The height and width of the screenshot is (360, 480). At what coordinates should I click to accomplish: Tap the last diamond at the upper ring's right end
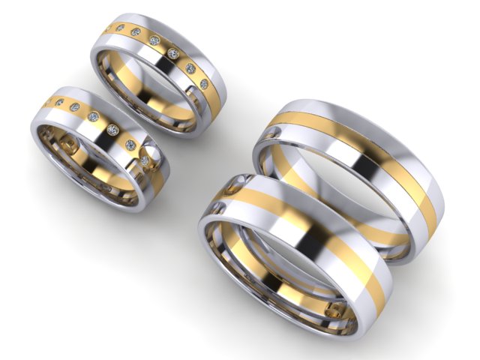(x=203, y=85)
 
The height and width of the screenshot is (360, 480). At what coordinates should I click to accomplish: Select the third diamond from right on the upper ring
(x=173, y=54)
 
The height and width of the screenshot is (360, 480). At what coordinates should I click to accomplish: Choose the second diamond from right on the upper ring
(x=190, y=69)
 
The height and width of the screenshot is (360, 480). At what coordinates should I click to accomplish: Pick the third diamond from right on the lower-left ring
(x=112, y=130)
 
